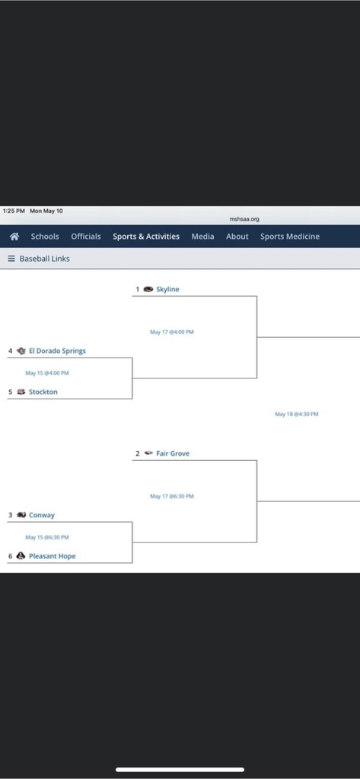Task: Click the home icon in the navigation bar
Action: [14, 237]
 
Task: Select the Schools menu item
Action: [45, 237]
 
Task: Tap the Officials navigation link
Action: [86, 237]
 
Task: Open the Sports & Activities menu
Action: [146, 237]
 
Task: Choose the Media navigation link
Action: [203, 237]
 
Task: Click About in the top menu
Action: [237, 237]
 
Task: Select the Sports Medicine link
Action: [290, 237]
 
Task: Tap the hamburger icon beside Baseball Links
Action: [11, 259]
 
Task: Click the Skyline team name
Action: [167, 289]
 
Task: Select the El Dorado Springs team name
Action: [57, 351]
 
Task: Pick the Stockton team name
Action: [43, 392]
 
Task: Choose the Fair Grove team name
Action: [173, 453]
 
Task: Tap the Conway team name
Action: [42, 515]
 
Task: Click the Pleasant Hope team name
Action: [53, 556]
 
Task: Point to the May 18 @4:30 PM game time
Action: [297, 414]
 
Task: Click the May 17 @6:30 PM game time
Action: [172, 496]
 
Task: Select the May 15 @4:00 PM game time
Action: [47, 373]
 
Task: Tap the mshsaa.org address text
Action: [244, 219]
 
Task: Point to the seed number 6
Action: [10, 556]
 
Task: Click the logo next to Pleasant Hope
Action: [21, 556]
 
